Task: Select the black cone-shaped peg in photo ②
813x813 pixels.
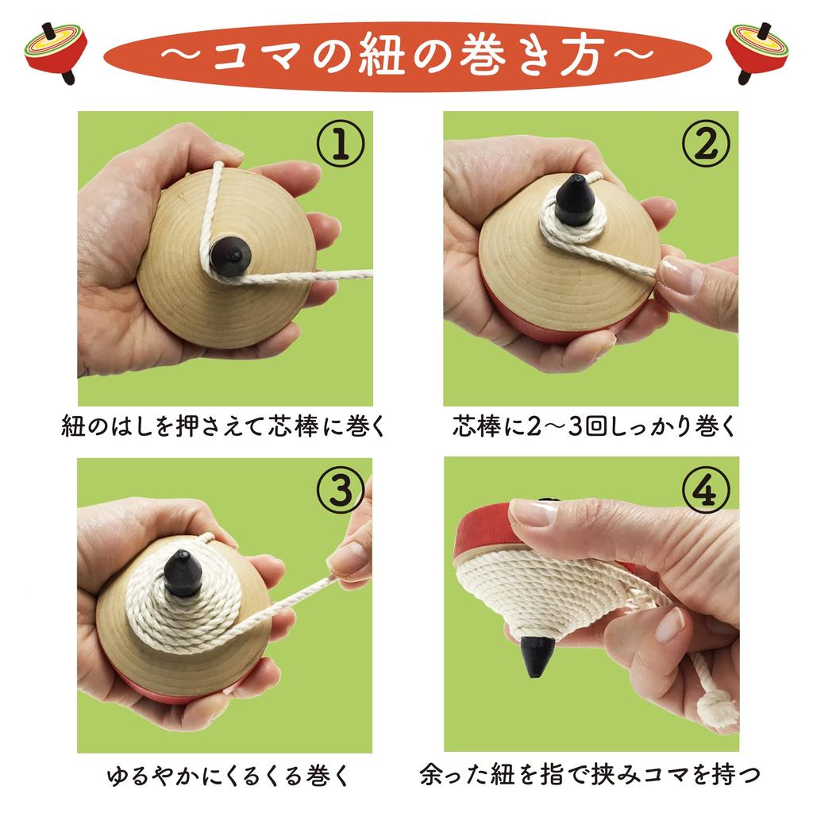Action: click(x=573, y=200)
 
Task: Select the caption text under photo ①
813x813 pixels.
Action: click(x=223, y=426)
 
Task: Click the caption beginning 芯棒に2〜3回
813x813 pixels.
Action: click(x=595, y=426)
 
